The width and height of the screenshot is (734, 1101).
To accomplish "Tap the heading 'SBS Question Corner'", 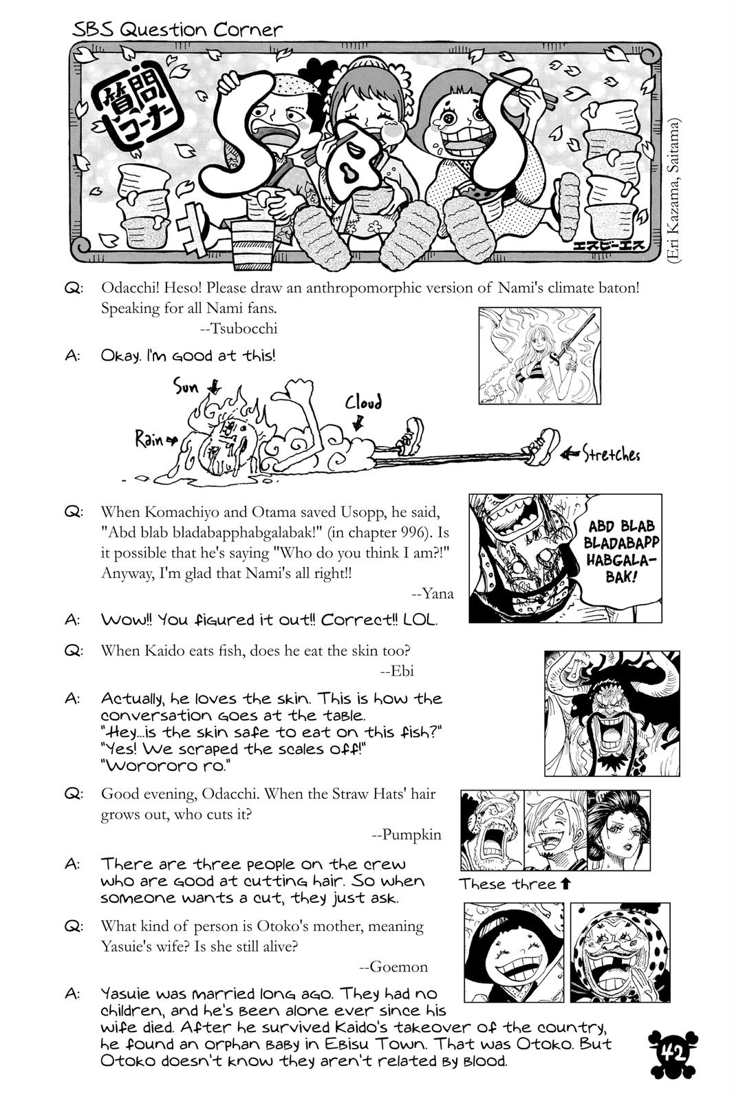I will coord(177,30).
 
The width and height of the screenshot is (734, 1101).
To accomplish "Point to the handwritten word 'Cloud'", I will coord(363,403).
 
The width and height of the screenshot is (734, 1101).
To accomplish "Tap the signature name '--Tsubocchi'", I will coord(239,328).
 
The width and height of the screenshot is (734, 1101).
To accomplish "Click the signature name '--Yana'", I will coord(432,592).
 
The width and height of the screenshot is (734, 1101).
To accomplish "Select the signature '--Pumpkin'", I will coord(406,835).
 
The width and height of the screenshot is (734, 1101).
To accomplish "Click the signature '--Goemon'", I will coord(393,967).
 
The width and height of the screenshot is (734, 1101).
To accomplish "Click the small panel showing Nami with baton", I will coord(539,355).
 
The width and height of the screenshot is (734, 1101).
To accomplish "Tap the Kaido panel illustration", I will coord(612,713).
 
